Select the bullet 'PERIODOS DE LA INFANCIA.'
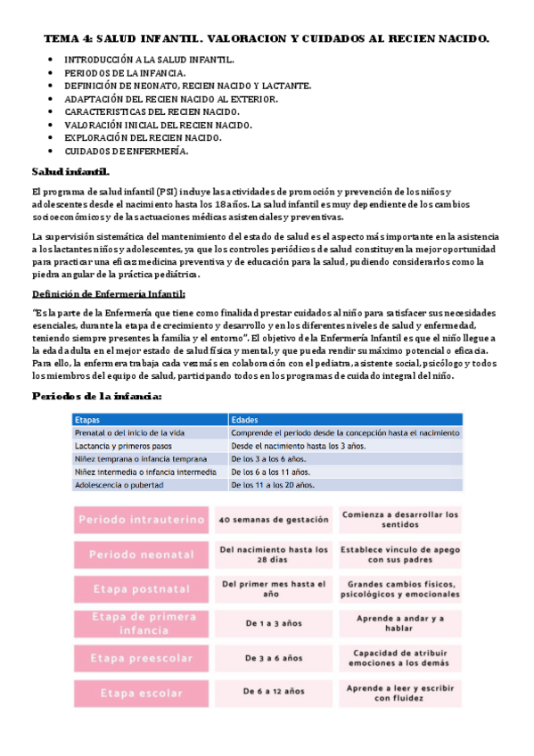tap(125, 72)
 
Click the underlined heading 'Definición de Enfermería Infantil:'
tap(109, 293)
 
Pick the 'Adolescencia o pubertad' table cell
tap(121, 485)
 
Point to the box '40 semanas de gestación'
tap(273, 520)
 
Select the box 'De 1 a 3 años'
tap(273, 624)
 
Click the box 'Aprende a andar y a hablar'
tap(400, 624)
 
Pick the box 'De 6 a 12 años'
tap(273, 693)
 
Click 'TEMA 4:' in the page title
tap(68, 39)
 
